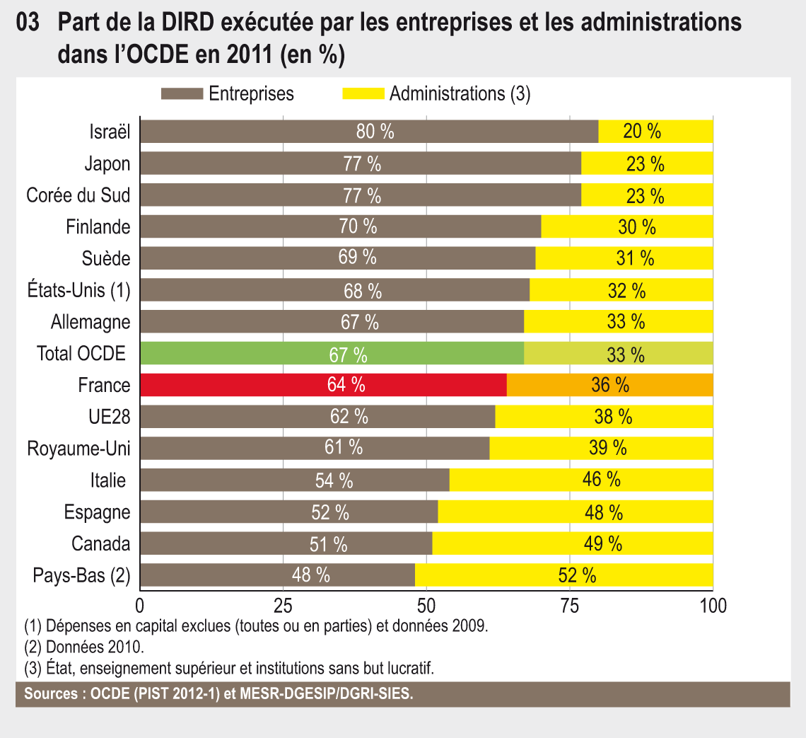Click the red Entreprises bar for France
tap(324, 385)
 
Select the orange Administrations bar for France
tap(609, 385)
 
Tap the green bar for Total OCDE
tap(332, 354)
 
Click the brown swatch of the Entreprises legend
tap(182, 93)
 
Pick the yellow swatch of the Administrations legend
tap(363, 93)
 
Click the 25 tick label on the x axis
tap(283, 606)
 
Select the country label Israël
tap(110, 132)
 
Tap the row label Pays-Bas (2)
tap(82, 575)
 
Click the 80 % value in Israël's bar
tap(375, 132)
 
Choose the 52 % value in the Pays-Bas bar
tap(577, 575)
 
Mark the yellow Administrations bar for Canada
tap(573, 543)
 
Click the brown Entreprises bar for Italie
tap(295, 480)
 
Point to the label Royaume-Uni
tap(78, 449)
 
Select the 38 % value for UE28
tap(613, 417)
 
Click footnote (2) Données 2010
tap(84, 647)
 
